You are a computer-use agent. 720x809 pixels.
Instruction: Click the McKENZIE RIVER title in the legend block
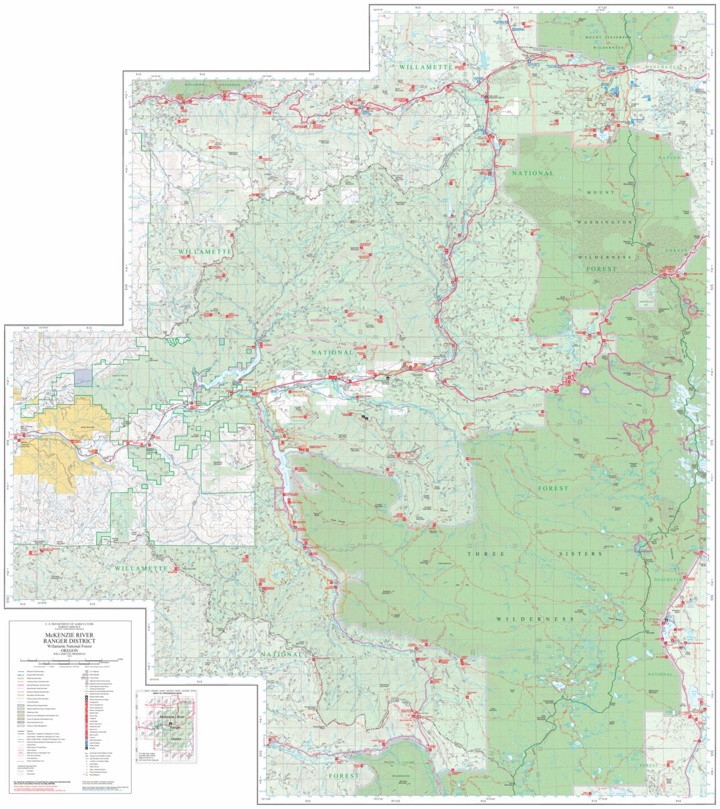[x=70, y=635]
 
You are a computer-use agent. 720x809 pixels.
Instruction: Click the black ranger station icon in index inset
[x=170, y=723]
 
